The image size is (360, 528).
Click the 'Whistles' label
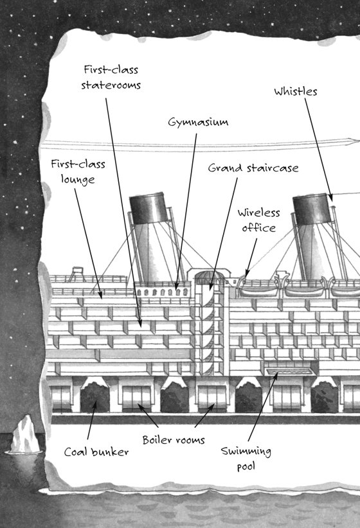coord(296,91)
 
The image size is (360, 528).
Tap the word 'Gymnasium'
coord(198,122)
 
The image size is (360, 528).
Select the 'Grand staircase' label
coord(253,168)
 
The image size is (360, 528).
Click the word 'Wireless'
coord(258,213)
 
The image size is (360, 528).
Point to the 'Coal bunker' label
coord(96,452)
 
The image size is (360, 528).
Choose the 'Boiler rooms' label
coord(174,440)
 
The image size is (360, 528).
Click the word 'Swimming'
coord(246,451)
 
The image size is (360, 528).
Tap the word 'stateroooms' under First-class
coord(111,85)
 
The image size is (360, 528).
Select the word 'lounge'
coord(78,179)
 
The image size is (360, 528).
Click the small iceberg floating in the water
coord(24,434)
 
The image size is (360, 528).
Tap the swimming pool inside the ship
coord(289,371)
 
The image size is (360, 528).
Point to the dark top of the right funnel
coord(312,209)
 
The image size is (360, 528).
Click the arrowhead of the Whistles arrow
coord(330,198)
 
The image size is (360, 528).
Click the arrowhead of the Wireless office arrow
coord(248,273)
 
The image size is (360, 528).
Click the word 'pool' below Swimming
coord(246,467)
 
